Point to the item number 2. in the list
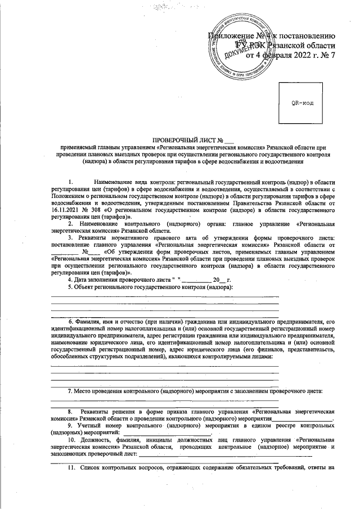[70, 223]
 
